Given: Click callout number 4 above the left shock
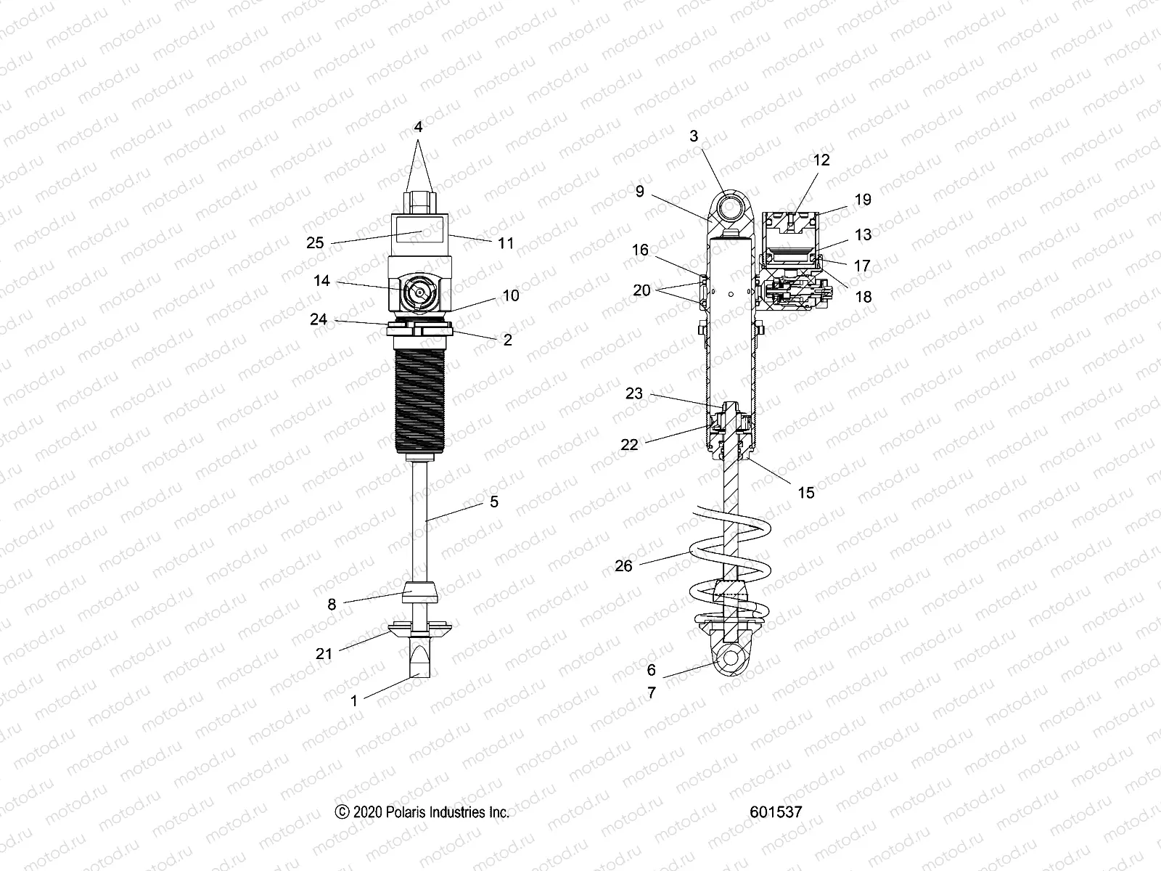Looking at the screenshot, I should pyautogui.click(x=418, y=127).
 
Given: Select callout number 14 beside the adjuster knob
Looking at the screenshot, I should pyautogui.click(x=321, y=281).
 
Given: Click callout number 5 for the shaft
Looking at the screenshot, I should pyautogui.click(x=494, y=502).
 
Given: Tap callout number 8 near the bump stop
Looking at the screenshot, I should pyautogui.click(x=332, y=604).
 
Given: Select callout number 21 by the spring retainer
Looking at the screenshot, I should pyautogui.click(x=324, y=653).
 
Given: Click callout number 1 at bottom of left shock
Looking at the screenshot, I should pyautogui.click(x=354, y=700).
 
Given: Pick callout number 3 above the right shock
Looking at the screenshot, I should pyautogui.click(x=694, y=136).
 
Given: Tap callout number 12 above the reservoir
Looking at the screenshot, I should pyautogui.click(x=821, y=160).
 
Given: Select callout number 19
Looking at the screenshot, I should pyautogui.click(x=863, y=200).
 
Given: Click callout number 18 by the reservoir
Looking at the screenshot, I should pyautogui.click(x=863, y=297).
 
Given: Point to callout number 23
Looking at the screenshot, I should pyautogui.click(x=634, y=393).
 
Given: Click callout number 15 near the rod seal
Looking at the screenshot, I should pyautogui.click(x=806, y=493).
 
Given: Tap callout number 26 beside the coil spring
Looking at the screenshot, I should pyautogui.click(x=624, y=565).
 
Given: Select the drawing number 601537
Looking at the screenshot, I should pyautogui.click(x=777, y=811).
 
